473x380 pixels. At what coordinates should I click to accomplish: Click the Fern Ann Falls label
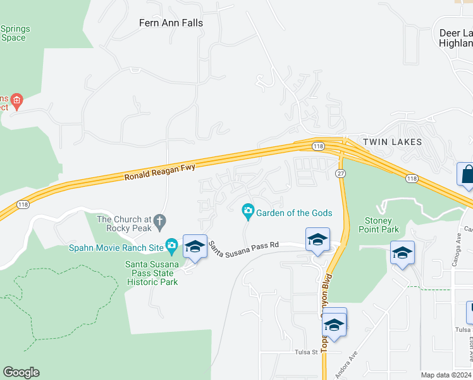pyautogui.click(x=171, y=23)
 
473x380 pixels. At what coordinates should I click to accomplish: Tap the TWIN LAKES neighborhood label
pyautogui.click(x=391, y=142)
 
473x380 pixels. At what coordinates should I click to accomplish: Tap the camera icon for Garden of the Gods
pyautogui.click(x=249, y=210)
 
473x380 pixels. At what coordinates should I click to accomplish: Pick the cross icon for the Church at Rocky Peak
pyautogui.click(x=160, y=221)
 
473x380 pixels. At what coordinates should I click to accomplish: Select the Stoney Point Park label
pyautogui.click(x=379, y=225)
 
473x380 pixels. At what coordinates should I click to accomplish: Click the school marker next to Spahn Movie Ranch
pyautogui.click(x=195, y=246)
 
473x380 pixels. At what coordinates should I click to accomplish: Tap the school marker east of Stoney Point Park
pyautogui.click(x=402, y=253)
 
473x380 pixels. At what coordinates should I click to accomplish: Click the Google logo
pyautogui.click(x=21, y=372)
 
